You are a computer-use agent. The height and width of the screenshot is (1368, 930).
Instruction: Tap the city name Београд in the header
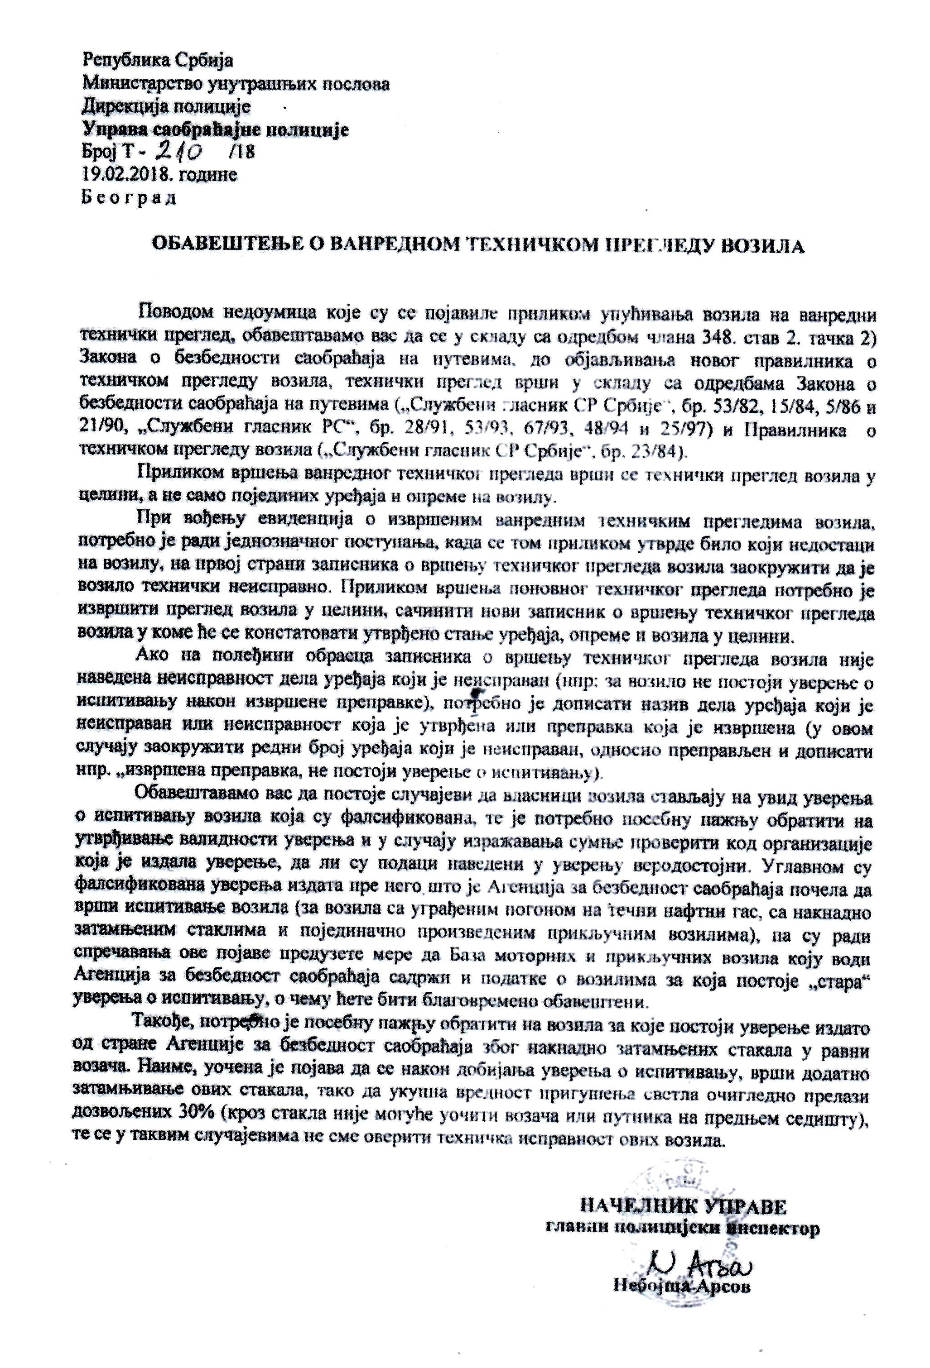coord(128,198)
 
